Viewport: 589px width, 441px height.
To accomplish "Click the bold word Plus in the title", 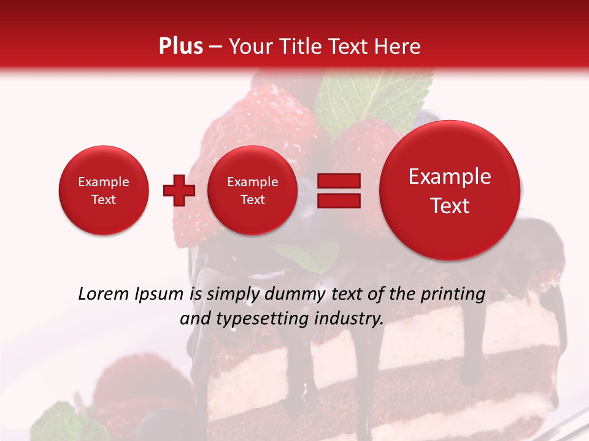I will pos(180,47).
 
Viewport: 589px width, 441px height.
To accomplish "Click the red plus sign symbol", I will pos(179,190).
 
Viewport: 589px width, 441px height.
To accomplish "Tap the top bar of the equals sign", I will pos(338,181).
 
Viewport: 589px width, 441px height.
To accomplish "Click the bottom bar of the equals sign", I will pos(338,200).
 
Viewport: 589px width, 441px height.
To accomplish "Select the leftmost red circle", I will pos(103,190).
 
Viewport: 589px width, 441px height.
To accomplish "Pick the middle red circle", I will pos(252,190).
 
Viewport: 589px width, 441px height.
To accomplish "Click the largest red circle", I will pos(450,190).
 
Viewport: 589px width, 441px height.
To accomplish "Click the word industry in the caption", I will pos(352,319).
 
